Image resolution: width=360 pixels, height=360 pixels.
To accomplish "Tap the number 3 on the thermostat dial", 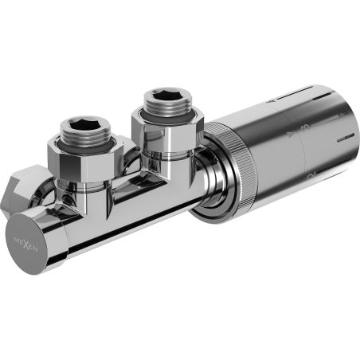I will [x=302, y=127].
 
